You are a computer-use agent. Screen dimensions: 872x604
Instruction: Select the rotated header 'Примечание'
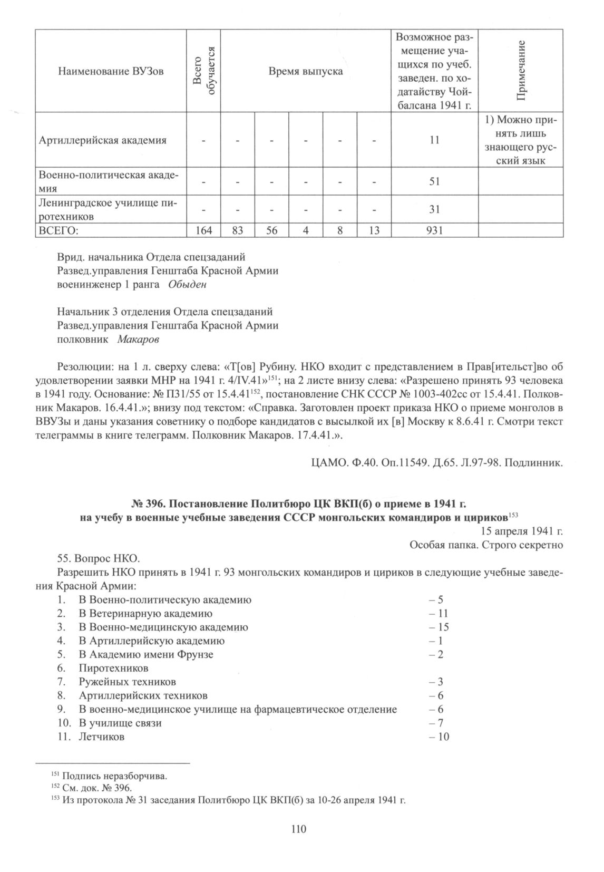pyautogui.click(x=521, y=71)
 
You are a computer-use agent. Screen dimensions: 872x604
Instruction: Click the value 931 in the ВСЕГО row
pyautogui.click(x=434, y=230)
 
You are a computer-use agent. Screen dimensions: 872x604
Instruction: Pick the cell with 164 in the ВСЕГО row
pyautogui.click(x=203, y=230)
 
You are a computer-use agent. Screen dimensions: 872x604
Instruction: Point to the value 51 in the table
pyautogui.click(x=434, y=181)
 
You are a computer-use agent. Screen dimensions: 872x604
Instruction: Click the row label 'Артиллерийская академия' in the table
pyautogui.click(x=103, y=140)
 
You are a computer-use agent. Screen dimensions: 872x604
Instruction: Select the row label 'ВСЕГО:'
pyautogui.click(x=59, y=230)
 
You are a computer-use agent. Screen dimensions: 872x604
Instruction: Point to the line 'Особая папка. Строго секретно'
pyautogui.click(x=486, y=545)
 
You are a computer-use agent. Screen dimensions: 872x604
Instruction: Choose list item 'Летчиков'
pyautogui.click(x=102, y=737)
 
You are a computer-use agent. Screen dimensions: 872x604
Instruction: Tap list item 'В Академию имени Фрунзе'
pyautogui.click(x=146, y=655)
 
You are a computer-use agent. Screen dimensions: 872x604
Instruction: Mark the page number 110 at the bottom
pyautogui.click(x=298, y=829)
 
